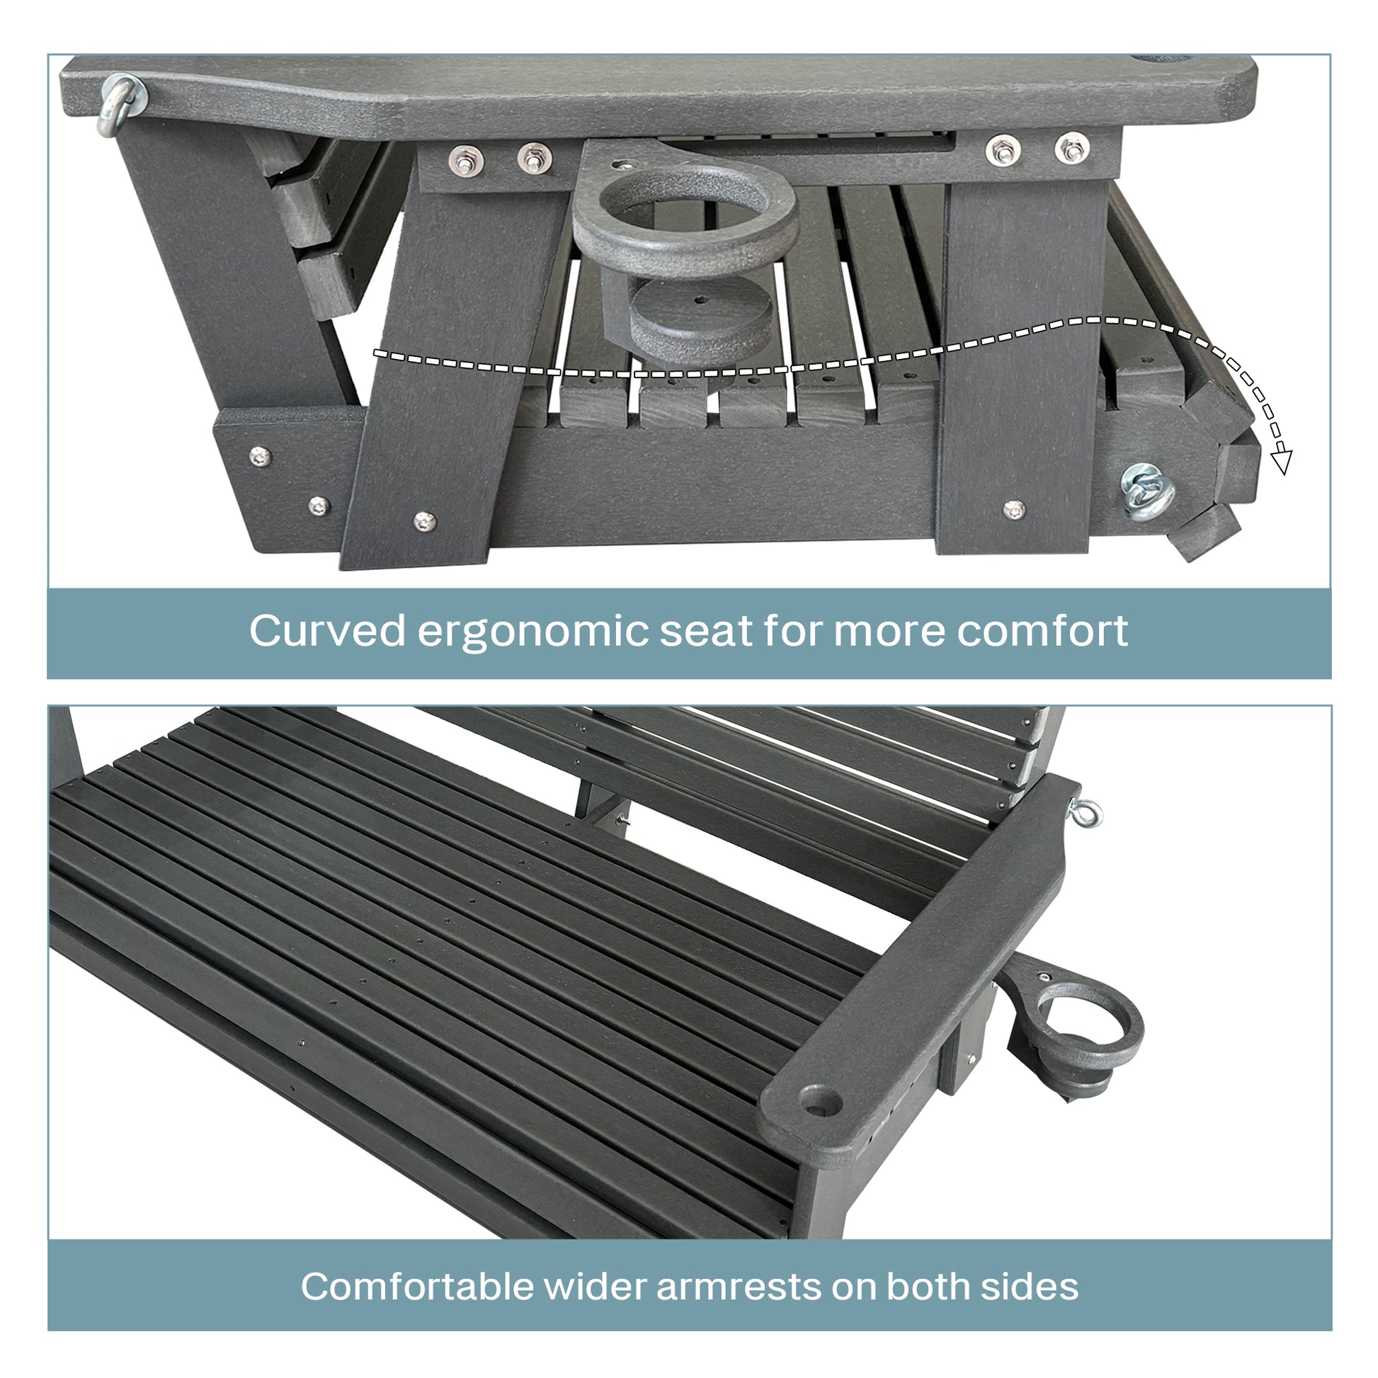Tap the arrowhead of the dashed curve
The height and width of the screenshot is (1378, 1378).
click(1281, 462)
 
